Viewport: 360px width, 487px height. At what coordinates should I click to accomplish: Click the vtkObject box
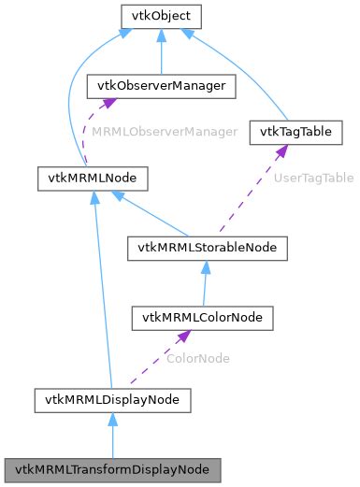162,16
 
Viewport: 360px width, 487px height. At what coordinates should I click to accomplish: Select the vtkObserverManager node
161,86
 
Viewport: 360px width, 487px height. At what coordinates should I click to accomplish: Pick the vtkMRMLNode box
81,176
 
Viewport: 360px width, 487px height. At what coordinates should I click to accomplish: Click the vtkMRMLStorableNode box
207,248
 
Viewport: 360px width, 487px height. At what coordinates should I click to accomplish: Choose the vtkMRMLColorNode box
202,318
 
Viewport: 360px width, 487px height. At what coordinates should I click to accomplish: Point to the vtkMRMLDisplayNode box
112,399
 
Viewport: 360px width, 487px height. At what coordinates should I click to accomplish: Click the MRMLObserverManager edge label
164,133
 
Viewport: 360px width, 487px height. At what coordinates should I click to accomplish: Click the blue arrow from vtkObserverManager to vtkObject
162,51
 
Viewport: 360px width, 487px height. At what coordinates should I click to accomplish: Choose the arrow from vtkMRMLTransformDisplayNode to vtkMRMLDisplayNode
112,435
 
